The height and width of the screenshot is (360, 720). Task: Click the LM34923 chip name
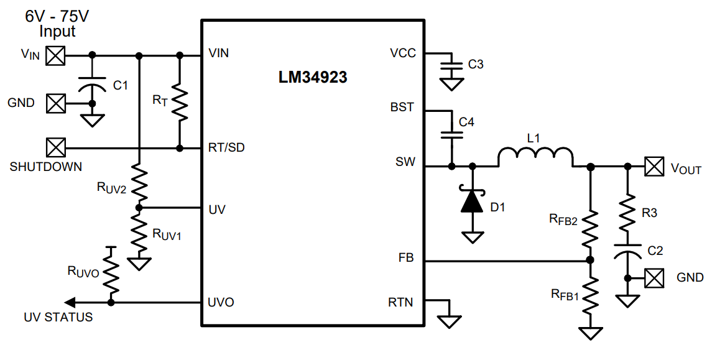pyautogui.click(x=313, y=78)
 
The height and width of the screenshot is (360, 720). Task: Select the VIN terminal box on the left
pyautogui.click(x=57, y=55)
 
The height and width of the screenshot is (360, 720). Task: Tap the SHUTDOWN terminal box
pyautogui.click(x=57, y=148)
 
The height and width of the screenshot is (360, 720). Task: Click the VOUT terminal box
pyautogui.click(x=653, y=166)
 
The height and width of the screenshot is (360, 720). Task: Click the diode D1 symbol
pyautogui.click(x=472, y=201)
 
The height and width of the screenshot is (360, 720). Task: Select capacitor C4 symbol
pyautogui.click(x=451, y=134)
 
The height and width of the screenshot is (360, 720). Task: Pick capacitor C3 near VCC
pyautogui.click(x=451, y=64)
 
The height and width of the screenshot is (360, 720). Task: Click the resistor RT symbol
pyautogui.click(x=180, y=102)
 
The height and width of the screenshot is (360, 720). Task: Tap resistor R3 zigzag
pyautogui.click(x=627, y=214)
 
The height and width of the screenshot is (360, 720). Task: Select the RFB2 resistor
pyautogui.click(x=590, y=229)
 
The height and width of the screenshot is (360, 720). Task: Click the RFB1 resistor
pyautogui.click(x=590, y=295)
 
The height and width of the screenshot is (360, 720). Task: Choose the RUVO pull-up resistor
pyautogui.click(x=111, y=274)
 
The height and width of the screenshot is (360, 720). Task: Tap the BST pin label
pyautogui.click(x=402, y=108)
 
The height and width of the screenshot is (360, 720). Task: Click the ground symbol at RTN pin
pyautogui.click(x=450, y=320)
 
